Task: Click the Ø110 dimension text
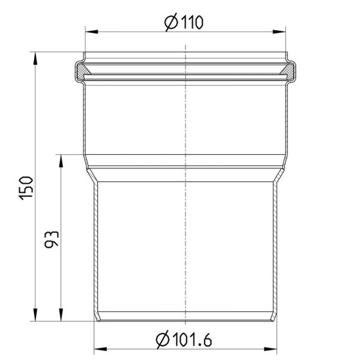tap(184, 22)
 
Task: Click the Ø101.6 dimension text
tap(184, 340)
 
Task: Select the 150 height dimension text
tap(26, 188)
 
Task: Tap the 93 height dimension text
tap(52, 239)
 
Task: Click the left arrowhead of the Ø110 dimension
tap(91, 32)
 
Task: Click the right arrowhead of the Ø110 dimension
tap(279, 32)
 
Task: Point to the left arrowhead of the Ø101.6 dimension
tap(100, 349)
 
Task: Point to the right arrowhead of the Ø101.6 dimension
tap(271, 349)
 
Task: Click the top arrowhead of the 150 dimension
tap(35, 58)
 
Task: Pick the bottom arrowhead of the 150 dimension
tap(35, 314)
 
